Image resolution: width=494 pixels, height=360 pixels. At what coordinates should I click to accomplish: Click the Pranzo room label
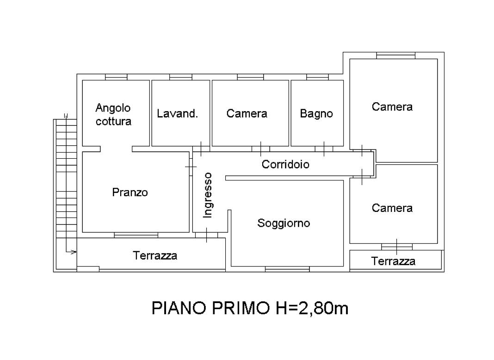click(130, 192)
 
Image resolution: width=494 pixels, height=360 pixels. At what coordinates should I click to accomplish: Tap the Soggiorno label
click(284, 223)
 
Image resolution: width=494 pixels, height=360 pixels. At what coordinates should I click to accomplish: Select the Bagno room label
click(316, 113)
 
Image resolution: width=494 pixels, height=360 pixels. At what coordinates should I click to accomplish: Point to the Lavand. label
click(177, 113)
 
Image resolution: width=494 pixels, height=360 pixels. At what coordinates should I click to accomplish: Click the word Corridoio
click(285, 164)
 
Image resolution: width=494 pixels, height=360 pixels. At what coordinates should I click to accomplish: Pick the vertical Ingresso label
click(208, 195)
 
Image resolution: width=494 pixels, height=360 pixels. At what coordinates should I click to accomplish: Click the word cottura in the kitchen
click(113, 121)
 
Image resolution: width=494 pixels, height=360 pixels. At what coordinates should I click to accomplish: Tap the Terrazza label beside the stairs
click(154, 255)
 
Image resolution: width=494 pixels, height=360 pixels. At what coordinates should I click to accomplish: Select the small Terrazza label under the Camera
click(393, 261)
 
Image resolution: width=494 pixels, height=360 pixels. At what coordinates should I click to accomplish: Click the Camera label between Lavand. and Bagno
click(247, 113)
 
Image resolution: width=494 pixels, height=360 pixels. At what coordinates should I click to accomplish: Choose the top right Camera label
click(392, 107)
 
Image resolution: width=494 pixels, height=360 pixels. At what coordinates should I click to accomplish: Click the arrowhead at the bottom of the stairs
click(74, 252)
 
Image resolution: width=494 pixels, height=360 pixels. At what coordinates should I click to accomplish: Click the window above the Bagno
click(317, 77)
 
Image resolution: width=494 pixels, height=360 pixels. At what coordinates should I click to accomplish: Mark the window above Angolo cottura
click(116, 77)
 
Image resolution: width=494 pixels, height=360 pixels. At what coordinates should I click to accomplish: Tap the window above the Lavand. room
click(180, 77)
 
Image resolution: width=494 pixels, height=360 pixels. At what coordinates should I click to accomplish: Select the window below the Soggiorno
click(287, 269)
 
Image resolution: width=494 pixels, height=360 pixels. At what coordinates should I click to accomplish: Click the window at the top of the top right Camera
click(395, 56)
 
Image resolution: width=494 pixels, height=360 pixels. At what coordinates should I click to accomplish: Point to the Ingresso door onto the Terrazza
click(206, 235)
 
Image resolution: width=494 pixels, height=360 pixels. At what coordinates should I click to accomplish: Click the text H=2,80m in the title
click(312, 308)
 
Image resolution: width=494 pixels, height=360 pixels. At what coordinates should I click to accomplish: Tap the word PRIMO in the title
click(241, 308)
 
